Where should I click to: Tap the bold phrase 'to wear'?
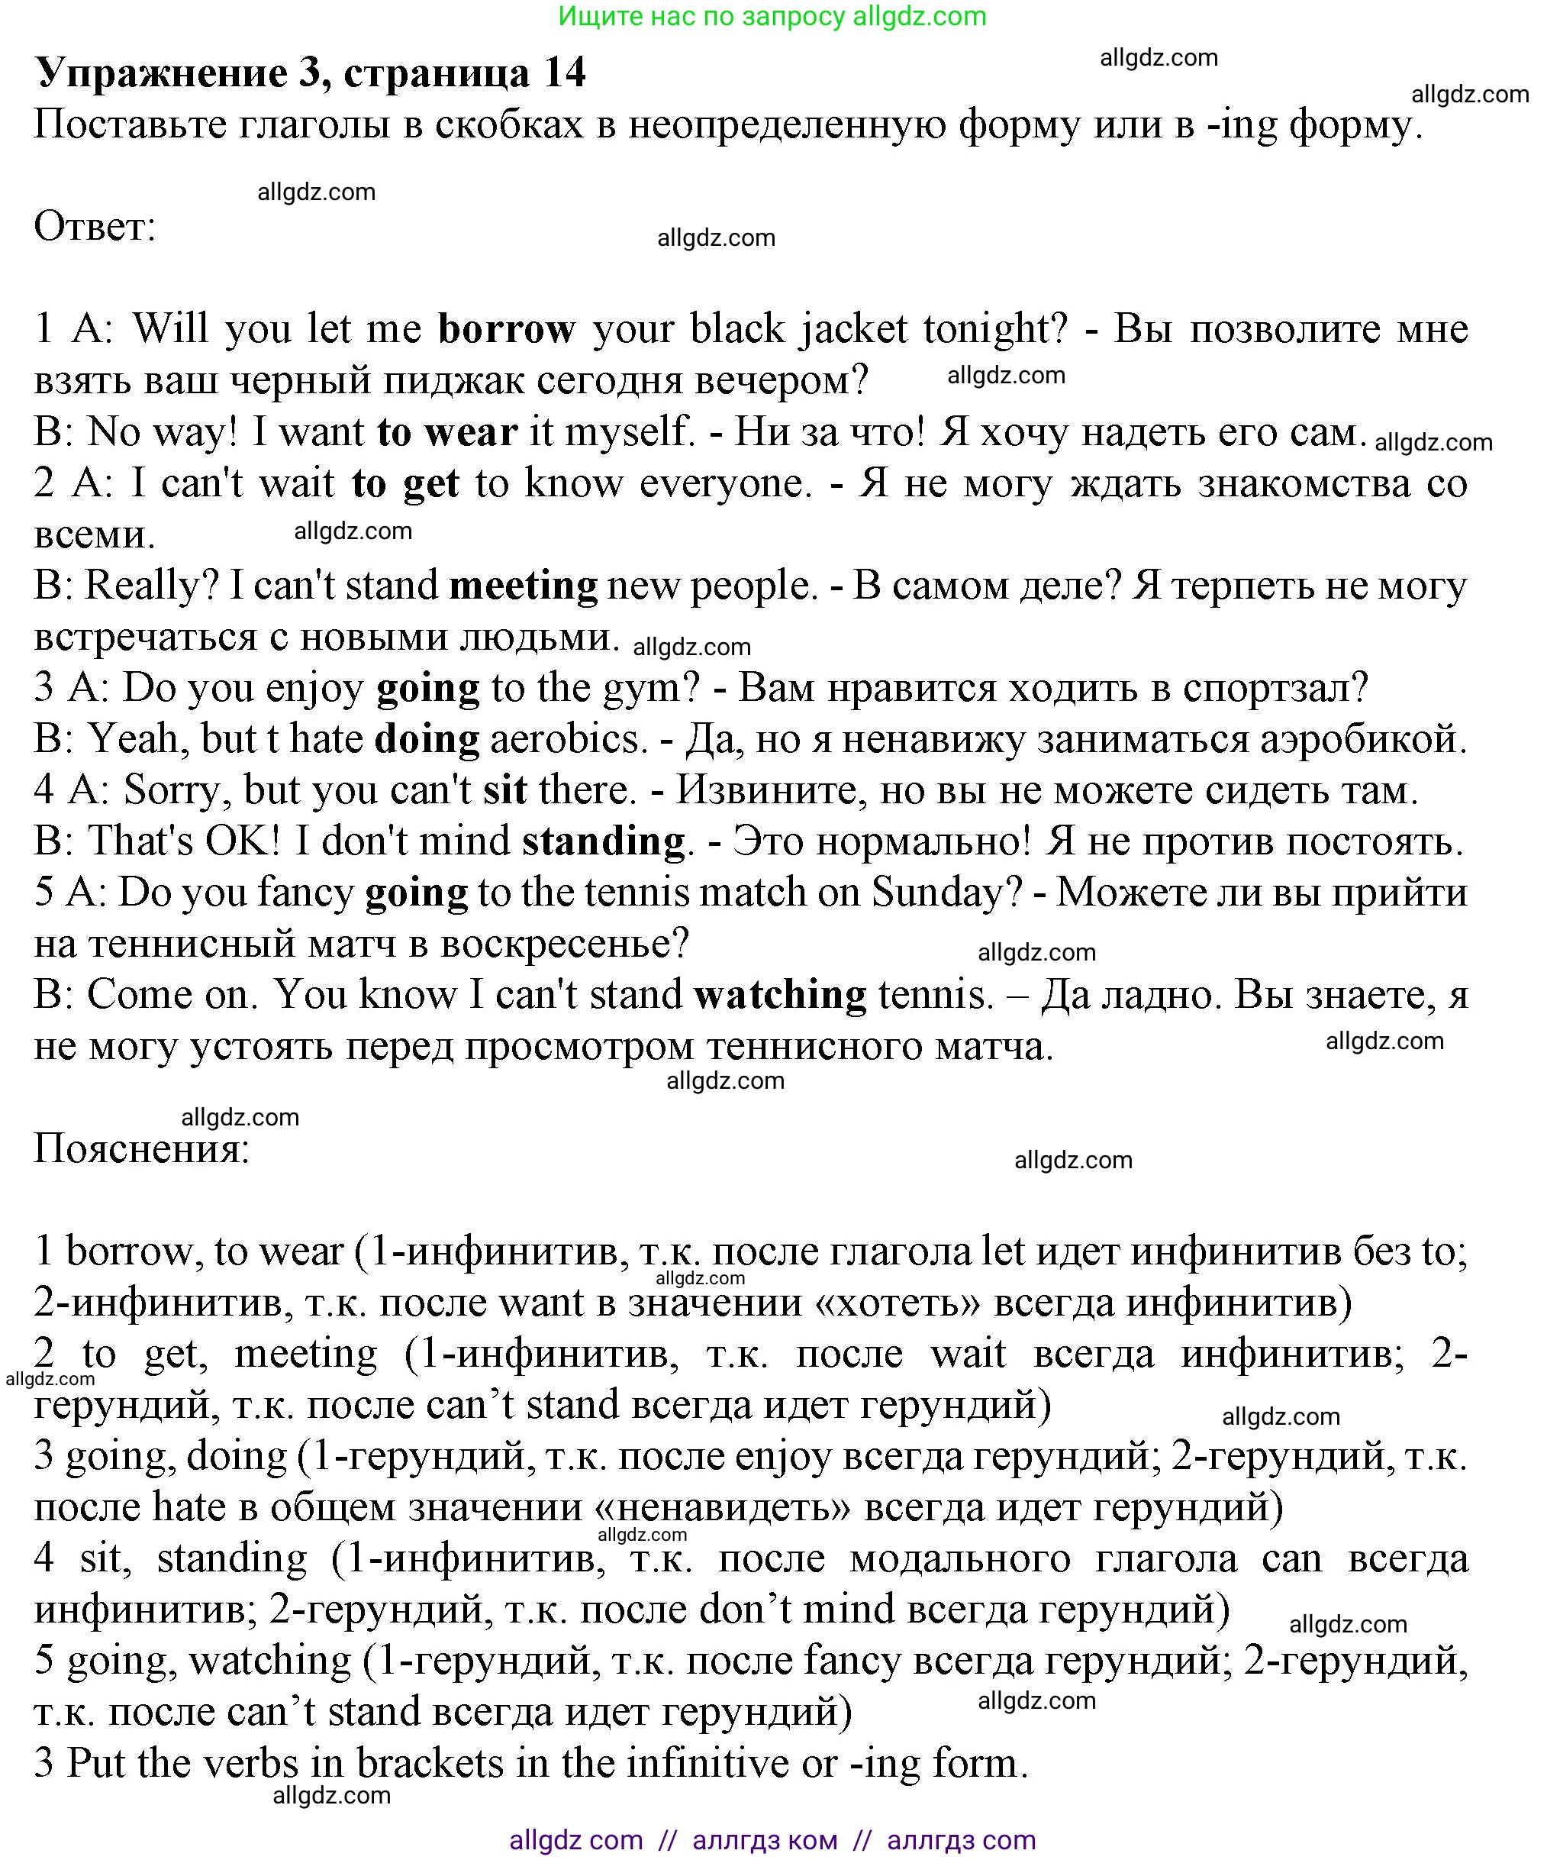(x=446, y=432)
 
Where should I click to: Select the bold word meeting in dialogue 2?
(x=523, y=586)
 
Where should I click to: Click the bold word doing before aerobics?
(x=426, y=738)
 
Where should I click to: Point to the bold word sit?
(x=504, y=790)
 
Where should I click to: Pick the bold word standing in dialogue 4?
(x=603, y=841)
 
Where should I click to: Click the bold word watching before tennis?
(x=779, y=995)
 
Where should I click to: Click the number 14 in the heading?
(x=564, y=73)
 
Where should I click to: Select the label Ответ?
(x=95, y=228)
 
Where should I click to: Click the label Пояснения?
(x=142, y=1150)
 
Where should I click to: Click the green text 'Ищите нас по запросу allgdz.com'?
(x=772, y=16)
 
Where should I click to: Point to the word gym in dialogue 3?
(x=651, y=688)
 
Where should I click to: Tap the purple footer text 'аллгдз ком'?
(x=764, y=1839)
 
